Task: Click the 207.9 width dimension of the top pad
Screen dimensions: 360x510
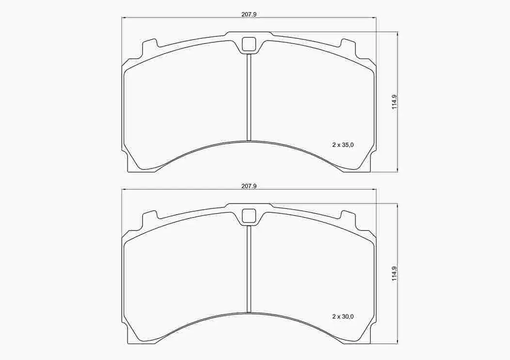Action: click(249, 14)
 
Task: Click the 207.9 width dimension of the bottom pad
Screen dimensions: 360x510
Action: click(249, 186)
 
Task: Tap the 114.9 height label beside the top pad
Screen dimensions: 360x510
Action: click(395, 101)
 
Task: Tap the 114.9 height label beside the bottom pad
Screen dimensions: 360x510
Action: click(395, 273)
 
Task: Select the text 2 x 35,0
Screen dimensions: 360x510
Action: click(343, 144)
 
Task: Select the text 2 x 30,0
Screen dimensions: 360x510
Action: click(343, 316)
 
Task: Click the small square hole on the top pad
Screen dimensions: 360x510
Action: click(249, 44)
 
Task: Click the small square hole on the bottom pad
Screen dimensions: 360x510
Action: click(249, 216)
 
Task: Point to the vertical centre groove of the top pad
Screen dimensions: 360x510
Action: click(249, 97)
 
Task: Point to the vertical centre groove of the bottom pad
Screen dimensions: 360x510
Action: click(249, 269)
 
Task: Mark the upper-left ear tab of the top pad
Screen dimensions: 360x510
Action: click(150, 47)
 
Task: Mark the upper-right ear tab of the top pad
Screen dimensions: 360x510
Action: click(348, 47)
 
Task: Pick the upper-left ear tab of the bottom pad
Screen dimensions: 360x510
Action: click(150, 219)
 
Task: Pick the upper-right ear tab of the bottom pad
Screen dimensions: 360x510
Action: click(348, 219)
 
